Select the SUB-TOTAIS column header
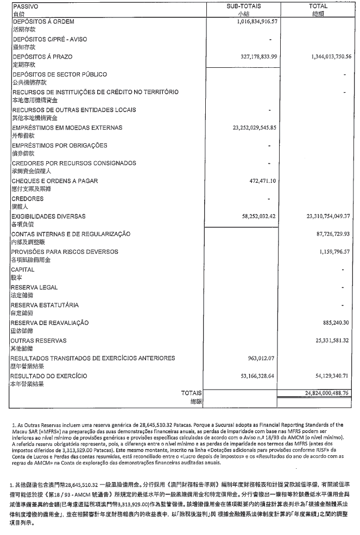click(x=243, y=5)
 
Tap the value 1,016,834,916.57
click(x=257, y=22)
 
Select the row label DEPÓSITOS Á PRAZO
click(x=42, y=57)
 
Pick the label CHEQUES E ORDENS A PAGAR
click(x=52, y=181)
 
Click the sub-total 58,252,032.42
click(x=260, y=216)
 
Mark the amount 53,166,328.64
click(x=260, y=375)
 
